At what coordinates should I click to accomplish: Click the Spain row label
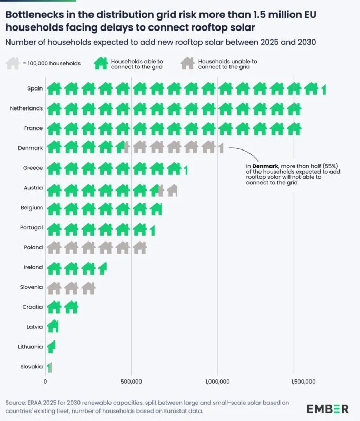(x=35, y=88)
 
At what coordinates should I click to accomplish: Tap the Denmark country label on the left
(x=31, y=148)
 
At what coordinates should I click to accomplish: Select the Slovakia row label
(x=31, y=367)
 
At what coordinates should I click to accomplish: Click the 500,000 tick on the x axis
(x=131, y=382)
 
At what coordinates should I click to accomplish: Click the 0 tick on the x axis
(x=46, y=382)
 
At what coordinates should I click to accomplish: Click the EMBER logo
(x=327, y=408)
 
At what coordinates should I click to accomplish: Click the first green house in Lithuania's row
(x=51, y=347)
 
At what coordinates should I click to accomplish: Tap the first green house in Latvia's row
(x=53, y=327)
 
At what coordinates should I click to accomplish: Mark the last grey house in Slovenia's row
(x=88, y=287)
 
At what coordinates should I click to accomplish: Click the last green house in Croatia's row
(x=71, y=307)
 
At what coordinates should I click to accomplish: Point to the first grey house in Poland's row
(x=54, y=247)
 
